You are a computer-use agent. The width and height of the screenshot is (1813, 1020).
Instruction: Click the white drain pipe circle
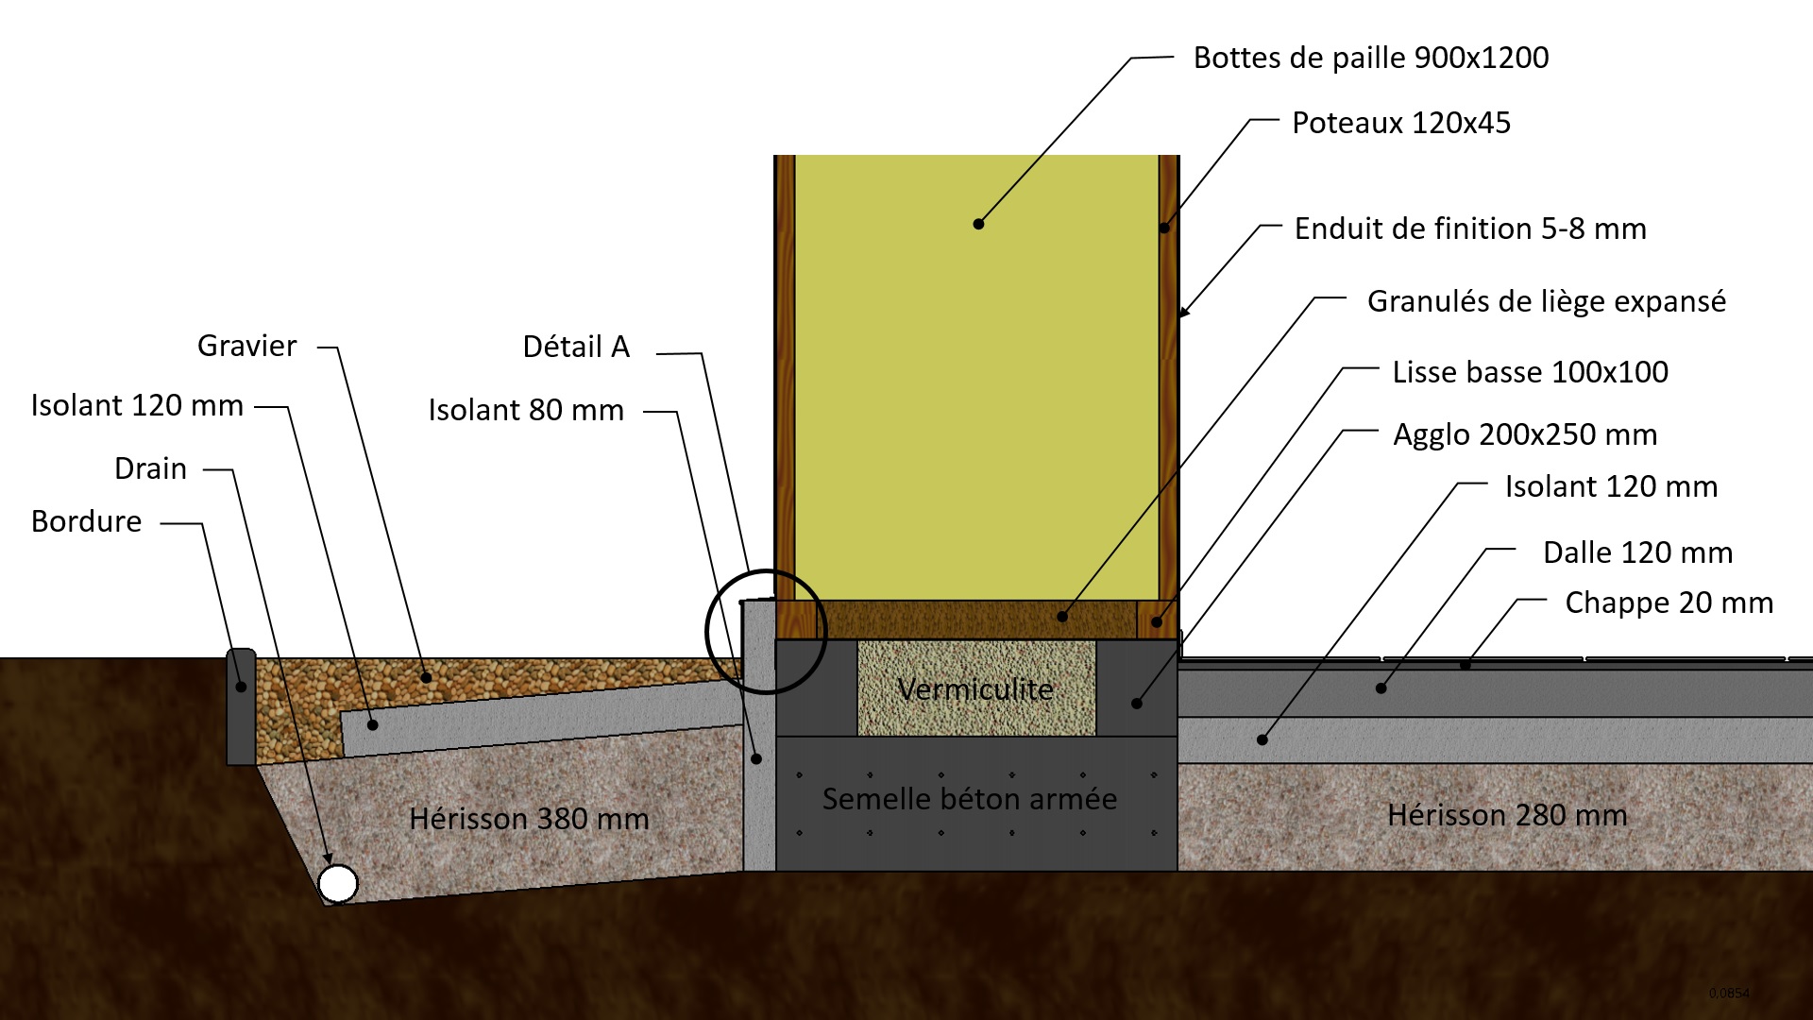337,884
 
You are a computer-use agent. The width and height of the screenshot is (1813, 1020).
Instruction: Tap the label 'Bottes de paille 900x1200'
1370,58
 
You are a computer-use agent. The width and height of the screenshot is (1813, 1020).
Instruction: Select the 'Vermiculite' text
975,689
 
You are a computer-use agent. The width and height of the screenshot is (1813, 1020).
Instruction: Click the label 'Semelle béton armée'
970,799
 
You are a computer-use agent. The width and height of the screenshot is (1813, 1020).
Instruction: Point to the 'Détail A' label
576,347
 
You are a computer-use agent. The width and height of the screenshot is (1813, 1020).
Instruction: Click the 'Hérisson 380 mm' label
529,818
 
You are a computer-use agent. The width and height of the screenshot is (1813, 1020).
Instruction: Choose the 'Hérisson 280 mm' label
1507,814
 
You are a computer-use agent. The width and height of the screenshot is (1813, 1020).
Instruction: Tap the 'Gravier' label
246,346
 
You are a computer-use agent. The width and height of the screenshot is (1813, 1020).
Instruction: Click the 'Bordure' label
86,521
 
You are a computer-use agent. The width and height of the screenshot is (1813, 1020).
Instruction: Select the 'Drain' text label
150,468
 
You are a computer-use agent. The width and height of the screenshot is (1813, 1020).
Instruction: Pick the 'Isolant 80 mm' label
526,410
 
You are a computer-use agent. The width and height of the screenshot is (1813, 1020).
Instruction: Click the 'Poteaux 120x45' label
1400,123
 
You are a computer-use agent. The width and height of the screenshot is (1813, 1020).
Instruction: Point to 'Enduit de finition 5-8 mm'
1469,229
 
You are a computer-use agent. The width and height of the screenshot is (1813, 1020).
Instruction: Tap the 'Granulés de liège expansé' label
1546,301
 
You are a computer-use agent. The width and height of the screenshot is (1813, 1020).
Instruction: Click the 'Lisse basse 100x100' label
1530,372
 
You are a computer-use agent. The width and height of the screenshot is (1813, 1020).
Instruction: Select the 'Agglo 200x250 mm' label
1525,434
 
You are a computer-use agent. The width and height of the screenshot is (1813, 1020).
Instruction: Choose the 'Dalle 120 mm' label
1637,552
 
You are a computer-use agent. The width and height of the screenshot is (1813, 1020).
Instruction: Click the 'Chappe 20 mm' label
1669,603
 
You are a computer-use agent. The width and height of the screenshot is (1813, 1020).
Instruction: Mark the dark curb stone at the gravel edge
242,705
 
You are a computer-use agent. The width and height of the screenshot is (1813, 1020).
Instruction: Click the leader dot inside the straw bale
978,224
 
